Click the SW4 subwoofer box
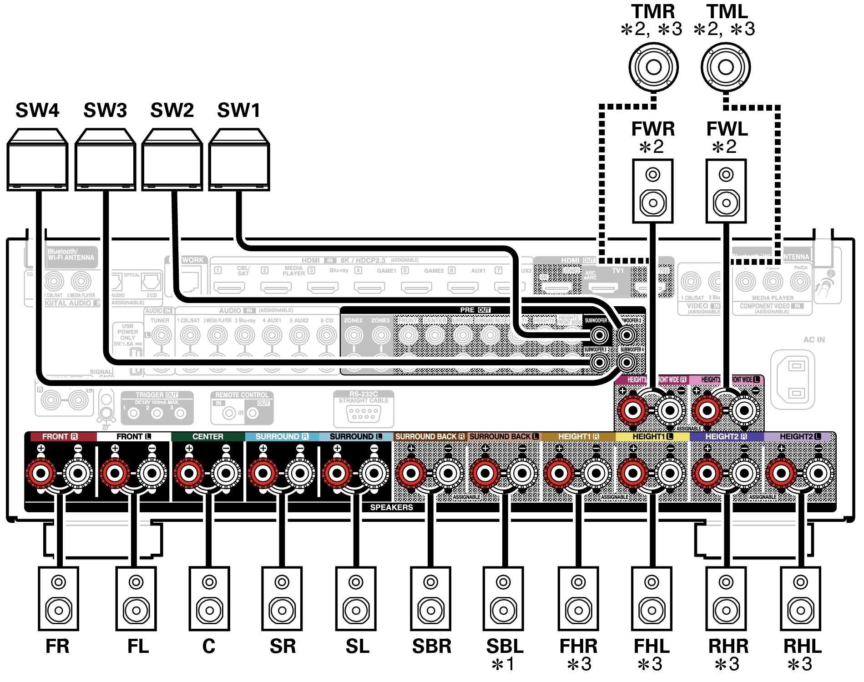(37, 160)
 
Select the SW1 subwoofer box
(239, 160)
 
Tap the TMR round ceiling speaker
(653, 67)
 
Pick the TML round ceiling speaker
(726, 67)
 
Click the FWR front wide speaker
(652, 191)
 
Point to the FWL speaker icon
(726, 191)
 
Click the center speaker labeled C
(209, 598)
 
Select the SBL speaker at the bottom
(503, 598)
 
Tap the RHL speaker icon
(800, 598)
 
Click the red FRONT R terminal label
(60, 437)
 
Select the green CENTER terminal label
(208, 437)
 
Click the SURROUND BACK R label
(430, 437)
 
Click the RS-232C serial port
(363, 413)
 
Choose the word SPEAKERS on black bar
(391, 507)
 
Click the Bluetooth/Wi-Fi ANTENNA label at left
(71, 255)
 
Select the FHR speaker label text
(578, 647)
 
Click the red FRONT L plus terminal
(115, 473)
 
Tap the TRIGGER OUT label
(157, 395)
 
